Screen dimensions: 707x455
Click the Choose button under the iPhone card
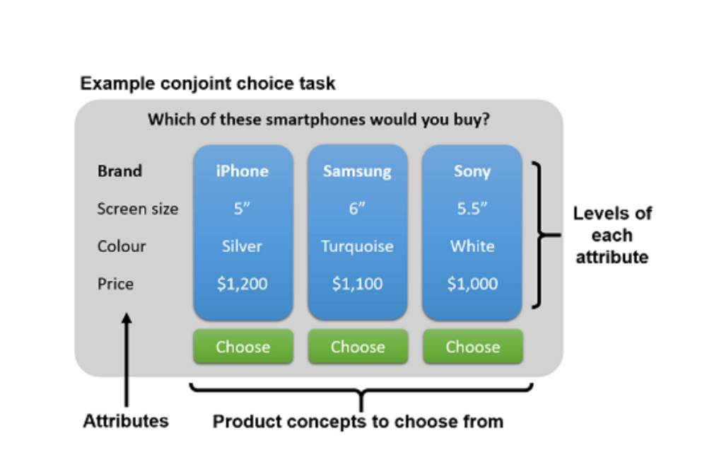pyautogui.click(x=243, y=347)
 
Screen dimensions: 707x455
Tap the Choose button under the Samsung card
pyautogui.click(x=358, y=347)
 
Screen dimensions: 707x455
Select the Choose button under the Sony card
pyautogui.click(x=473, y=347)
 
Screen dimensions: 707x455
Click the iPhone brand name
pyautogui.click(x=242, y=171)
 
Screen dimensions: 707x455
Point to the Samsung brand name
pyautogui.click(x=357, y=171)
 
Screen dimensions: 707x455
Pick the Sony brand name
pyautogui.click(x=472, y=171)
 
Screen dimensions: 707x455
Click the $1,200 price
pyautogui.click(x=242, y=284)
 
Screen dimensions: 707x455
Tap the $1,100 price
pyautogui.click(x=357, y=284)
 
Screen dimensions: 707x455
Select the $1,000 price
pyautogui.click(x=472, y=284)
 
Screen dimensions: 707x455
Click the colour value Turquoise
pyautogui.click(x=357, y=246)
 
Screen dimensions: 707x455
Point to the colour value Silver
pyautogui.click(x=242, y=246)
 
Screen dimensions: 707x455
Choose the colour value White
pyautogui.click(x=472, y=246)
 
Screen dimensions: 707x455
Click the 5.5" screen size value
pyautogui.click(x=472, y=209)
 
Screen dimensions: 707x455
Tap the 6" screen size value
pyautogui.click(x=357, y=209)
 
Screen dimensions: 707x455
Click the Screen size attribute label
pyautogui.click(x=138, y=209)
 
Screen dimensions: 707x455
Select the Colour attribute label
pyautogui.click(x=122, y=246)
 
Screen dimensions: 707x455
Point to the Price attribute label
pyautogui.click(x=115, y=284)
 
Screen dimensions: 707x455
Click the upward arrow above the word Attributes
pyautogui.click(x=127, y=359)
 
